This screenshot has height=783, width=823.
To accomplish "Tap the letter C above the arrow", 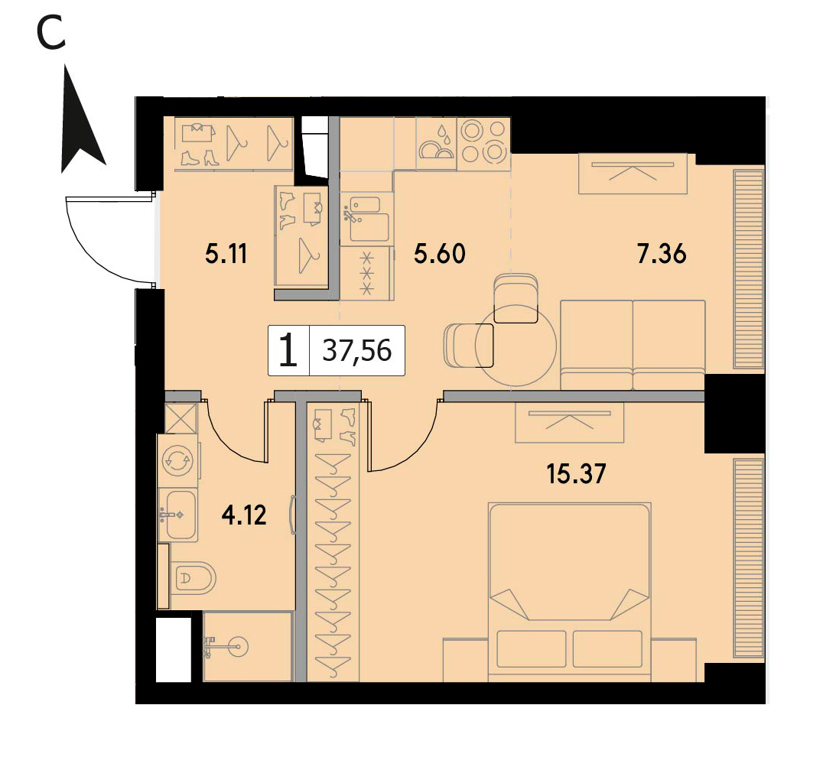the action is click(51, 32).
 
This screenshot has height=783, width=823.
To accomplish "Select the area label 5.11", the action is click(226, 255).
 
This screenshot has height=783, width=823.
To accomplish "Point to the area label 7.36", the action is click(662, 254).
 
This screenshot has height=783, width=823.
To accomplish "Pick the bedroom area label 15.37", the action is click(576, 474).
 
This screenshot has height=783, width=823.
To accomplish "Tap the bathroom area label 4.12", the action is click(244, 515).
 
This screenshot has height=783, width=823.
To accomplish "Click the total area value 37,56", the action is click(357, 350).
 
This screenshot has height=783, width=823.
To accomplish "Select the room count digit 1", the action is click(288, 351).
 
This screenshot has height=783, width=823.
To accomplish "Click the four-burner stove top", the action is click(483, 142).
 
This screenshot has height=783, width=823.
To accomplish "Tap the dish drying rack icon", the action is click(436, 143).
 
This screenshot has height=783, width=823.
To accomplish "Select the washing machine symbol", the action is click(178, 461).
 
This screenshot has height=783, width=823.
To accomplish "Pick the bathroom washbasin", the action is click(178, 515).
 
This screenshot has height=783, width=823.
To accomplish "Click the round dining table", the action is click(516, 346).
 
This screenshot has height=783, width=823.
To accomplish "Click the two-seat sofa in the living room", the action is click(633, 345).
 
